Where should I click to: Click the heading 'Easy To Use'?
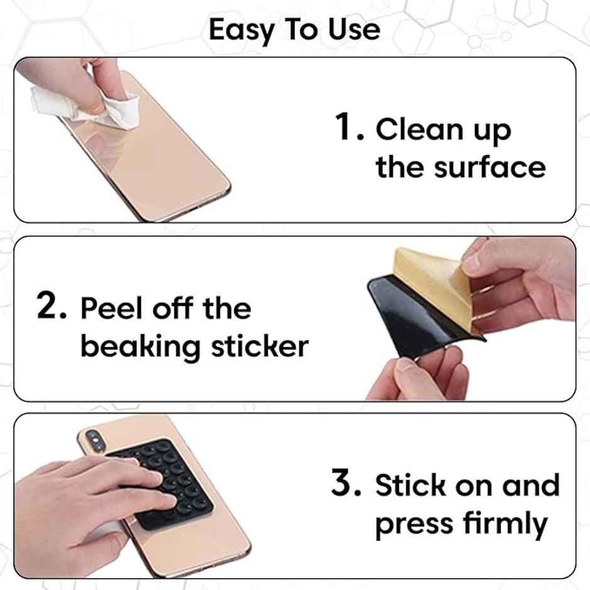click(x=294, y=29)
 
